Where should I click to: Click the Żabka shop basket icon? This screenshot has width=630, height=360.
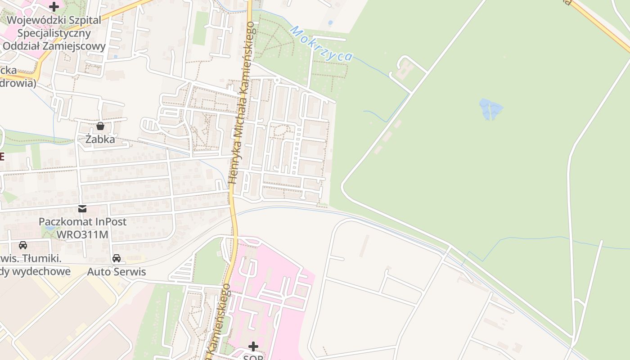pos(100,126)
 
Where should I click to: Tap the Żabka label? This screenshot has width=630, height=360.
pos(100,139)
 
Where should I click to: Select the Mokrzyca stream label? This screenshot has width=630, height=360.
pos(321,44)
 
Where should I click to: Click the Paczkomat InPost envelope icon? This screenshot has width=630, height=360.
pos(82,208)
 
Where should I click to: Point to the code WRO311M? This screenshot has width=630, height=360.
pos(82,234)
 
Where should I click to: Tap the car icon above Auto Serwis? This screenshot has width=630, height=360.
pos(117,258)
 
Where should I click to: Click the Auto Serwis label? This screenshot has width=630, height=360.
pos(117,272)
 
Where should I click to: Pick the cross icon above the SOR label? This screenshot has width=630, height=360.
pos(253,346)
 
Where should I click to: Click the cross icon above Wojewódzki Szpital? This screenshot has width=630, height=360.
pos(54,6)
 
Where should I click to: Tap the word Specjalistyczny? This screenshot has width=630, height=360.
pos(54,33)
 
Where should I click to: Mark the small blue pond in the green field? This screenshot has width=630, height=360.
pos(490,109)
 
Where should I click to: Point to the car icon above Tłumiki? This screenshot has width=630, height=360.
pos(22,245)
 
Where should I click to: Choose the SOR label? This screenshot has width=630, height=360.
pos(253,357)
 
